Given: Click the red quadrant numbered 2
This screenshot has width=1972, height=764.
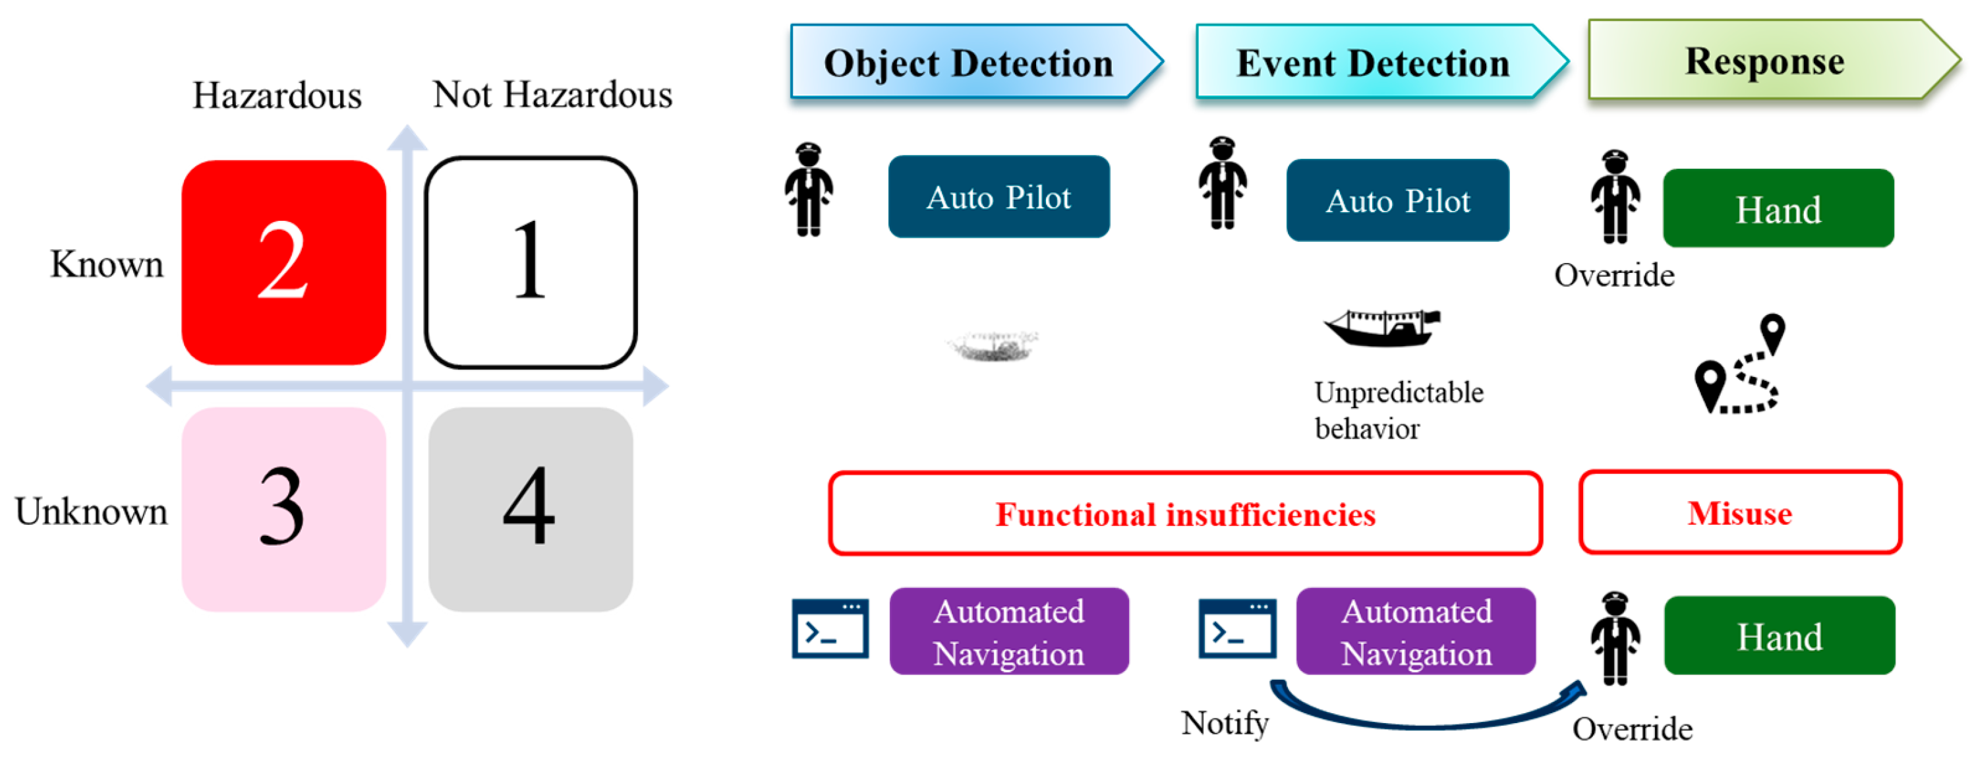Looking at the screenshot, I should (283, 262).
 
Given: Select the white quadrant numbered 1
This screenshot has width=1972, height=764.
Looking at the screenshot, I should (531, 262).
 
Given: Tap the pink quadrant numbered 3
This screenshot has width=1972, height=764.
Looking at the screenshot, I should (283, 508).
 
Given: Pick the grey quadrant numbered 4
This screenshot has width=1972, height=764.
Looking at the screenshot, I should (531, 508).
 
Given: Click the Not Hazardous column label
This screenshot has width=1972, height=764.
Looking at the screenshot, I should (552, 95).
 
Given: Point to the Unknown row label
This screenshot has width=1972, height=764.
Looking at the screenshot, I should (91, 512).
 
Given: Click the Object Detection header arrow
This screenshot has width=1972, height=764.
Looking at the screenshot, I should (968, 62).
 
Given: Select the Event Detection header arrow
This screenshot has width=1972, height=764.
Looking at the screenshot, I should (1374, 62).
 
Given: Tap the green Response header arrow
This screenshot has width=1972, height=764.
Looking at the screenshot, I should (1764, 61).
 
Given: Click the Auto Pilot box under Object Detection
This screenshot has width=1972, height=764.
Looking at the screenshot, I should (999, 196).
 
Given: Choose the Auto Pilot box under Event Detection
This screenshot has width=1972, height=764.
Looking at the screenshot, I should (1397, 200).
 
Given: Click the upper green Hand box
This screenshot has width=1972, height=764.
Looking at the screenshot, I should (1778, 209).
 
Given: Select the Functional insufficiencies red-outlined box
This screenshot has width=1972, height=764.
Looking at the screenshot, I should (1184, 514).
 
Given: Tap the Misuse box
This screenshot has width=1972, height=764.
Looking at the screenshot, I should (1739, 512).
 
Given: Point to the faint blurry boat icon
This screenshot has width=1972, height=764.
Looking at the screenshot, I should (992, 346).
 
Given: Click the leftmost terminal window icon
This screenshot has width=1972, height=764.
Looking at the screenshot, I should (830, 628).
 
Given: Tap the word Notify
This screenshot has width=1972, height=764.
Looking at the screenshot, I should (1224, 722).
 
